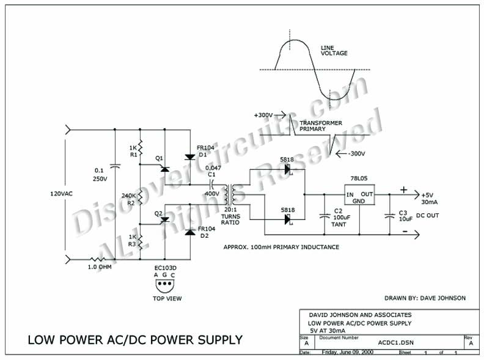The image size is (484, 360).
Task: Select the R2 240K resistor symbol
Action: point(140,196)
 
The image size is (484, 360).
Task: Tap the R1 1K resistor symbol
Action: point(140,149)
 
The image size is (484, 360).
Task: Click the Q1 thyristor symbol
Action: point(164,167)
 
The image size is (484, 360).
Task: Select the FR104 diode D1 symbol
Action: point(189,158)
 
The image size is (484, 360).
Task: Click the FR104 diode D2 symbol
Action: point(189,232)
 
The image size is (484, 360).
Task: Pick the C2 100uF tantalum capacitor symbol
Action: point(323,215)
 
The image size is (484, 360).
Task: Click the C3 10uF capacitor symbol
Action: point(389,215)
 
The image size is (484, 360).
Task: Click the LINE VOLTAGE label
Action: point(334,50)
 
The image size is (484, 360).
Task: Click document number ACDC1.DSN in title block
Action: point(387,343)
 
